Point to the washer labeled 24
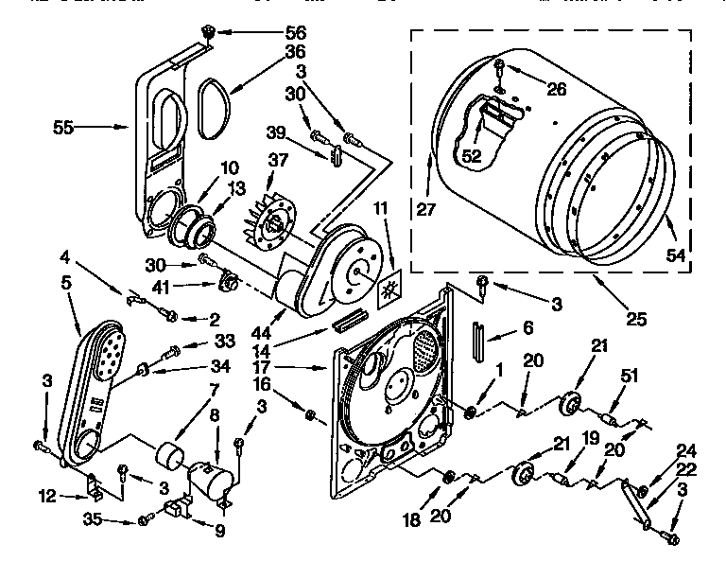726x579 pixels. (x=644, y=489)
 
